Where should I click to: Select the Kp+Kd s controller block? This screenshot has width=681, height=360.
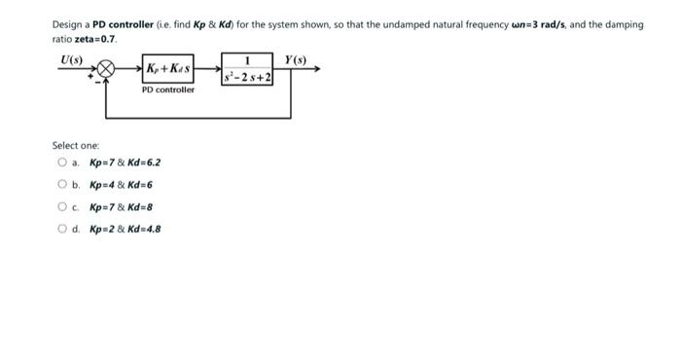click(167, 70)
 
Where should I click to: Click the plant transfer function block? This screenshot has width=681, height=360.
click(247, 70)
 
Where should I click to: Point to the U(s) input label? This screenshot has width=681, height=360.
click(71, 60)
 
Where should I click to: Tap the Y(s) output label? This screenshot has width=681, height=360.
click(296, 60)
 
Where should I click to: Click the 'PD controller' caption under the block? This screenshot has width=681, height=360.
click(167, 90)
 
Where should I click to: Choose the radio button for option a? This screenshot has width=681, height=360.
click(62, 162)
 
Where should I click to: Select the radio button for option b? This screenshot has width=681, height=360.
click(62, 184)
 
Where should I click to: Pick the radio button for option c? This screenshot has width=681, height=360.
click(62, 206)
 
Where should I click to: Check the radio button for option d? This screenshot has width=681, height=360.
click(62, 229)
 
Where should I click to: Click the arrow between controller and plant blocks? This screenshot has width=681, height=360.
click(207, 70)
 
